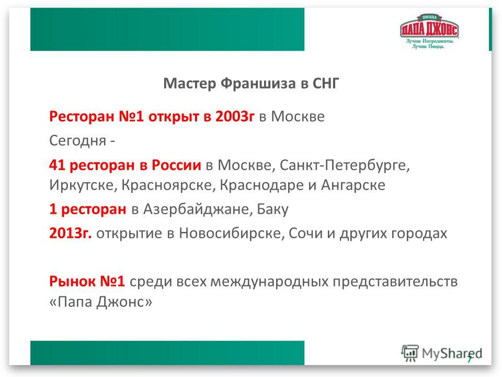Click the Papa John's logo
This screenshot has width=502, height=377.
coord(429,31)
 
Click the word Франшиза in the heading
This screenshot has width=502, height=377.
coord(258,83)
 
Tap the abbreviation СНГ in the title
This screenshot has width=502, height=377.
coord(326,83)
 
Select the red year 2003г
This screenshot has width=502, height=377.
coord(235,116)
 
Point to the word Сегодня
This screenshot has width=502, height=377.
coord(78,141)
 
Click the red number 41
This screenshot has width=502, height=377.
coord(57,165)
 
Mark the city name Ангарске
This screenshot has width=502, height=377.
coord(353,185)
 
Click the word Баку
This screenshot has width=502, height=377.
coord(273,209)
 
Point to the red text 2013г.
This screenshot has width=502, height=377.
coord(71,233)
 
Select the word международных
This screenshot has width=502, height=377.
coord(269,282)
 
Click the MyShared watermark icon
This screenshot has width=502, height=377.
coord(410,353)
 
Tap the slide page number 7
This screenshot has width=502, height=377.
coord(470,359)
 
